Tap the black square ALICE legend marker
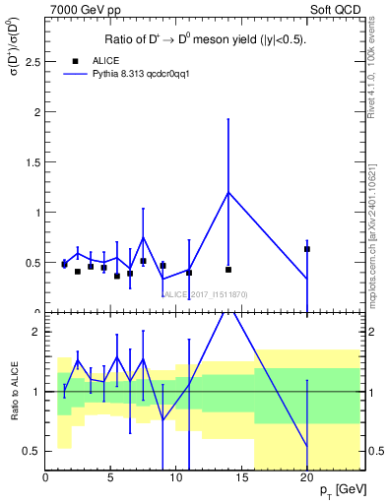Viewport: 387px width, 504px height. (64, 60)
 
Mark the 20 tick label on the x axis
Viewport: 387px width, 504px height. (306, 478)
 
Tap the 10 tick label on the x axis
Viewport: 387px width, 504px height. (176, 478)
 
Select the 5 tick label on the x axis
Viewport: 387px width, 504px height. (110, 478)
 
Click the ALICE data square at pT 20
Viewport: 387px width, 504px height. (307, 249)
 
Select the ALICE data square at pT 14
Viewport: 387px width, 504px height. (228, 269)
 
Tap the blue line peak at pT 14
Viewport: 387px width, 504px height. (228, 192)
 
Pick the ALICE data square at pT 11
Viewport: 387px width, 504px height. (189, 272)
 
